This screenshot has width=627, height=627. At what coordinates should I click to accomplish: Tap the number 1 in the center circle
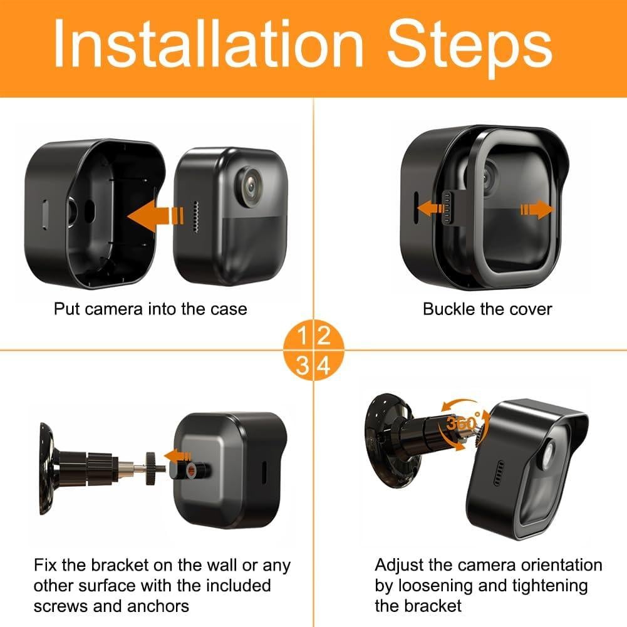tap(303, 336)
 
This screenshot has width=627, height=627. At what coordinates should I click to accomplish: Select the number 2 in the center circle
tap(324, 336)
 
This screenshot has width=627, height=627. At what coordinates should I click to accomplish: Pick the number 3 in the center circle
tap(303, 364)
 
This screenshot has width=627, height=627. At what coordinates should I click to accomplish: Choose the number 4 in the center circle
tap(324, 364)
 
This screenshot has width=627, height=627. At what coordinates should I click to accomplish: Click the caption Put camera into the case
tap(150, 308)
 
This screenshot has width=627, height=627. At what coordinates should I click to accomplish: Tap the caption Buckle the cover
tap(487, 308)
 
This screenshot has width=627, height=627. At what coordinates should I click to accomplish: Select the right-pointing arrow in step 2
tap(537, 209)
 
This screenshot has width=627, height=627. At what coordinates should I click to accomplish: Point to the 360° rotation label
tap(464, 423)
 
